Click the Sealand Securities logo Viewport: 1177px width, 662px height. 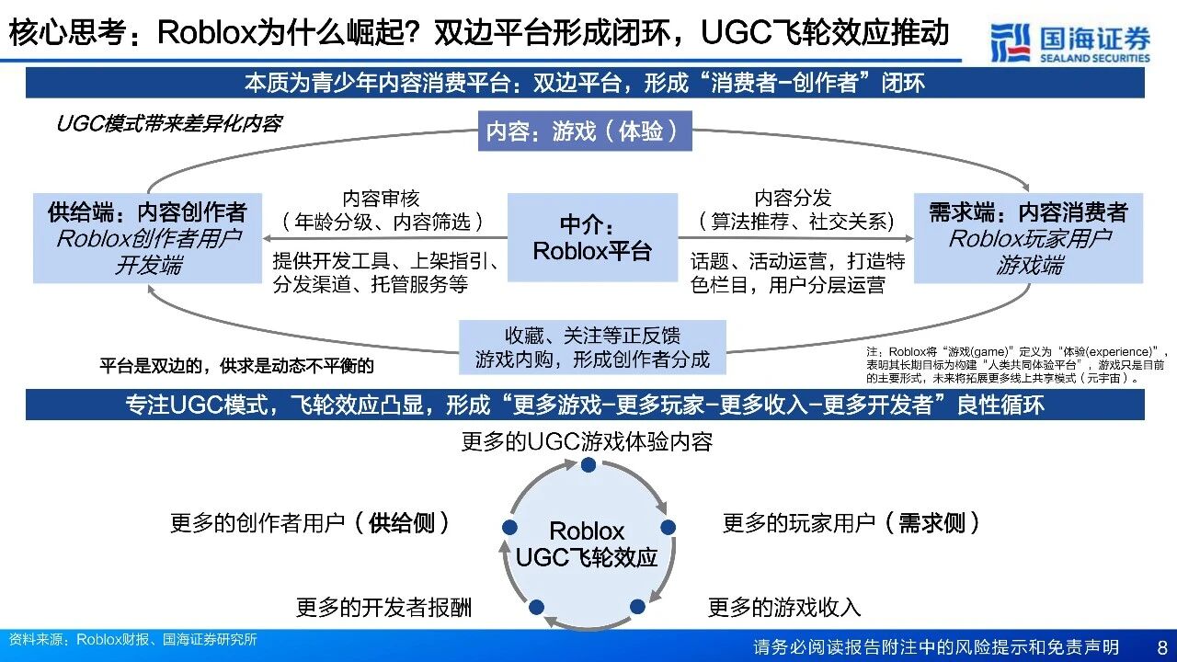[1070, 42]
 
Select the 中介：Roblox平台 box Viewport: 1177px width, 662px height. [591, 237]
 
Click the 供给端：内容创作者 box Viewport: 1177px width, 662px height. [147, 238]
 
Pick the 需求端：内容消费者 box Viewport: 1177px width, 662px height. [1028, 238]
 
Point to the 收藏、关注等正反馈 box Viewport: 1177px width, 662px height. [592, 347]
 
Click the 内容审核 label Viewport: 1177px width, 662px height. [381, 198]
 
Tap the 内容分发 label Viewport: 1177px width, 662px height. [793, 198]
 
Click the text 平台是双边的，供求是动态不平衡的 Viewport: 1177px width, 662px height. [236, 366]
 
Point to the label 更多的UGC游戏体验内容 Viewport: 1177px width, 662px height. [587, 441]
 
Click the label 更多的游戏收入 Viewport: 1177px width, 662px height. [784, 607]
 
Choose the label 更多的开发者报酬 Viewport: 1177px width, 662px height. [383, 607]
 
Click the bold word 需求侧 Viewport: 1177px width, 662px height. [931, 523]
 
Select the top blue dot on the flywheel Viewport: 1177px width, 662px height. [588, 464]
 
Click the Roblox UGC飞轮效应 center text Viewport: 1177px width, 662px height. [587, 544]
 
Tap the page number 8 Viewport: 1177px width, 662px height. [1161, 646]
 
